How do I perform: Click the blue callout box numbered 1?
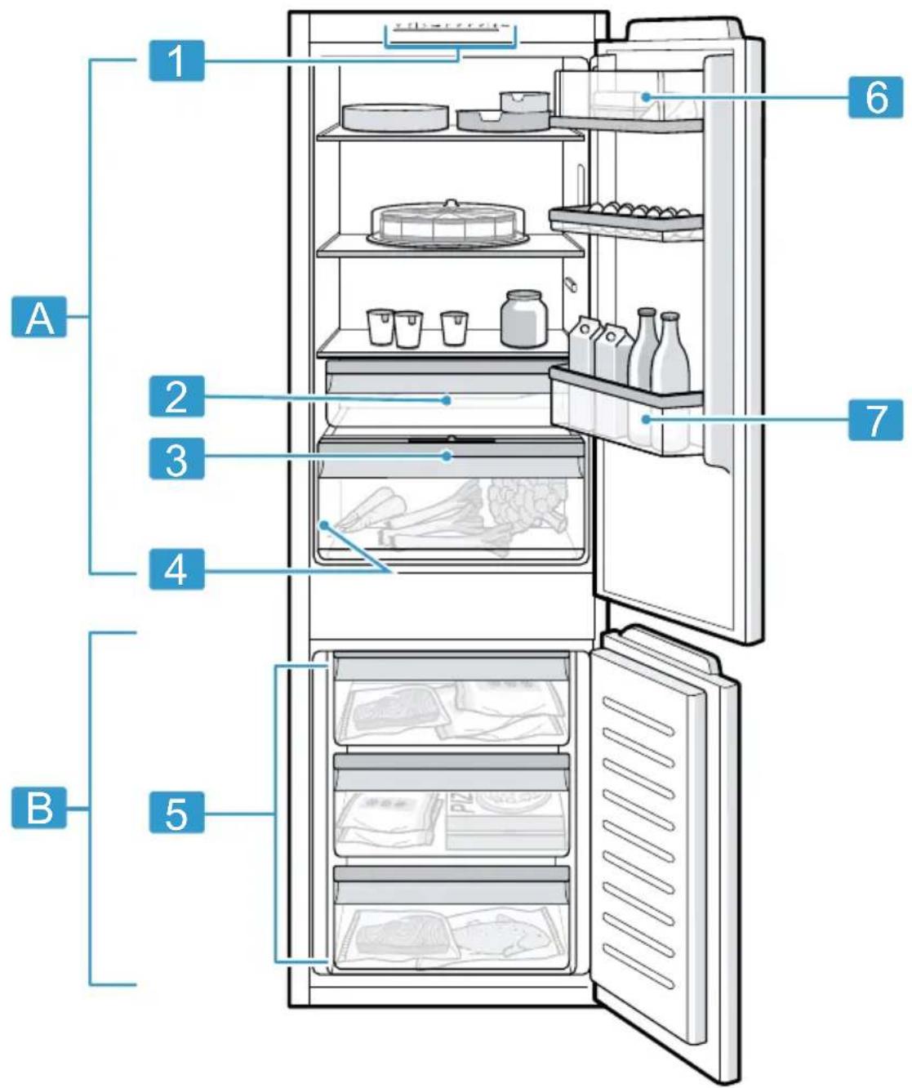(176, 61)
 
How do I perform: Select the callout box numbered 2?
(176, 396)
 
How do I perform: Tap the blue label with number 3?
(176, 458)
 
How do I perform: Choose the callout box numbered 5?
(176, 813)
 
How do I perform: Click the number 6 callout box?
(875, 97)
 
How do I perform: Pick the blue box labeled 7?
(875, 420)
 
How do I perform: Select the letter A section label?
(39, 317)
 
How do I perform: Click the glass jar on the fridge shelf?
(523, 319)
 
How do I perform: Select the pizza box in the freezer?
(506, 821)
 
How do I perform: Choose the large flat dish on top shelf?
(396, 117)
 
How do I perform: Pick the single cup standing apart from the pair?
(454, 328)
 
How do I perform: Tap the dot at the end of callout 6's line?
(646, 97)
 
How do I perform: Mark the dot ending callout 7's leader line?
(646, 419)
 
